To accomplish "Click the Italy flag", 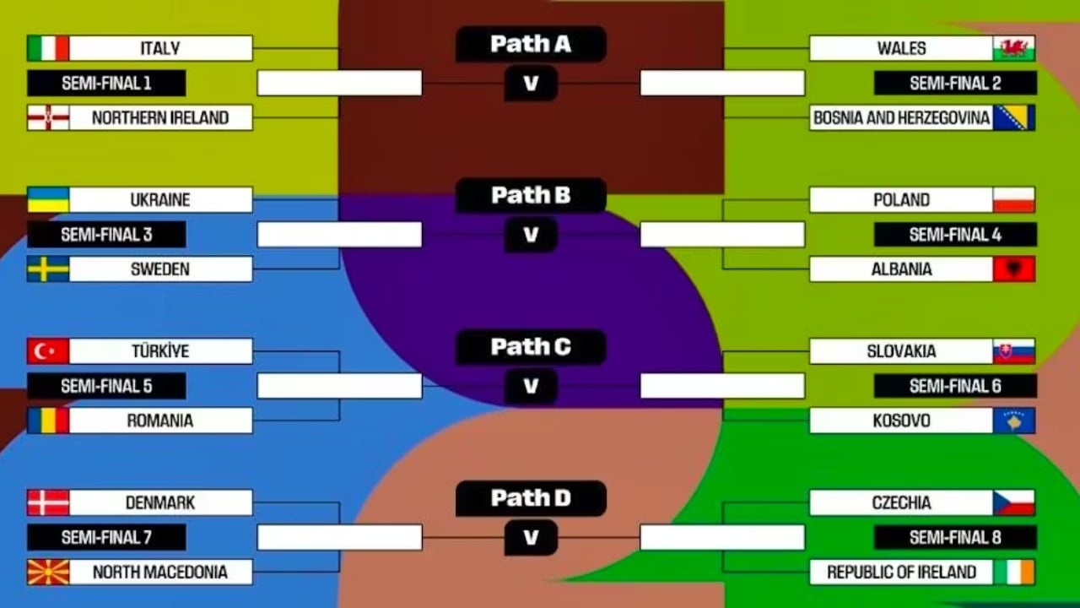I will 48,48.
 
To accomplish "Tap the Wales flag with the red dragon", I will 1014,48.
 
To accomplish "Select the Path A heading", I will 531,44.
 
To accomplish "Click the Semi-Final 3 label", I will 106,235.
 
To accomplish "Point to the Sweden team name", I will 160,269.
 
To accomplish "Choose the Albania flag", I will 1014,269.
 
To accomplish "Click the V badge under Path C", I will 531,386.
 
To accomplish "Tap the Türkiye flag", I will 48,351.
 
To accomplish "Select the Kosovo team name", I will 901,421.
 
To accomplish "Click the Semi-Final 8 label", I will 955,537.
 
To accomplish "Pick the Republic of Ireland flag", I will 1014,572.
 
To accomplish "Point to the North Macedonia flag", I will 48,572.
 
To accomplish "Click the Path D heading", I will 531,498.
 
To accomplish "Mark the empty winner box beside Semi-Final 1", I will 339,83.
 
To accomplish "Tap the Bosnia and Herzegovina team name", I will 901,117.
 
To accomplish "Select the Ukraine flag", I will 48,200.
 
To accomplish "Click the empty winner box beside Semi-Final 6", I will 722,386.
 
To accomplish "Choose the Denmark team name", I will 160,502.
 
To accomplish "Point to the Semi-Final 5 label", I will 106,386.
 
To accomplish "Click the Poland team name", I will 901,200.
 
